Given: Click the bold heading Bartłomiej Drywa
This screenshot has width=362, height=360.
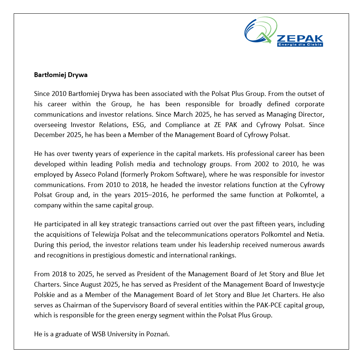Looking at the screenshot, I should tap(61, 75).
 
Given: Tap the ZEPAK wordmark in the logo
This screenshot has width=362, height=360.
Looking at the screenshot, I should tap(300, 39).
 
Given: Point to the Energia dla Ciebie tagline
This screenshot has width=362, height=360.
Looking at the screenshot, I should tap(300, 44).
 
